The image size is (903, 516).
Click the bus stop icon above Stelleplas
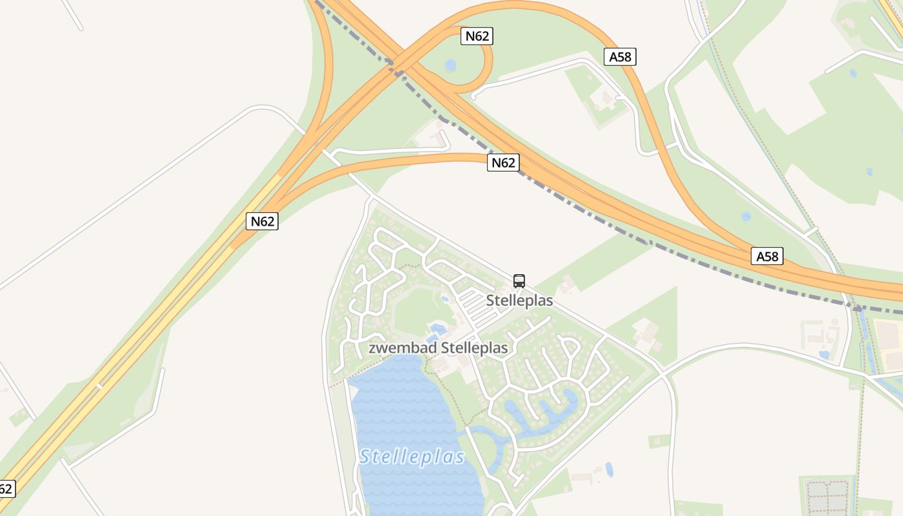(x=519, y=281)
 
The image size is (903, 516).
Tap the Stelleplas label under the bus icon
(x=519, y=301)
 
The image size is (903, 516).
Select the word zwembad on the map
(x=402, y=348)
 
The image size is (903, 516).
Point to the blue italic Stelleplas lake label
(x=412, y=457)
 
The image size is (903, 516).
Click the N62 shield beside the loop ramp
(x=477, y=36)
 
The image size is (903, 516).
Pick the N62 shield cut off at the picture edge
(x=5, y=488)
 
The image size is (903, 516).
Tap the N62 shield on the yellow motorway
(x=262, y=221)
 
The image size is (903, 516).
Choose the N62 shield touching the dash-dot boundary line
(x=503, y=163)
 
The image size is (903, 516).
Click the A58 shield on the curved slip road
(x=620, y=57)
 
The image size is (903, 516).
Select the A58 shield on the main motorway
(x=767, y=256)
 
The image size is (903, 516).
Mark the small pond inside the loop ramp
(x=450, y=65)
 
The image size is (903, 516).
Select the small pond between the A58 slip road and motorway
(x=746, y=217)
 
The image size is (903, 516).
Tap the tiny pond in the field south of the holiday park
(x=609, y=469)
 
